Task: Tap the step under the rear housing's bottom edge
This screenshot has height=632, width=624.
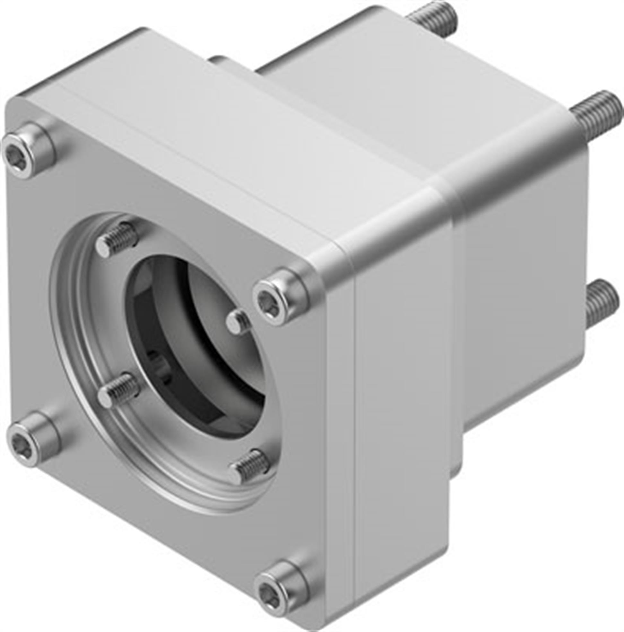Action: (x=458, y=471)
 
